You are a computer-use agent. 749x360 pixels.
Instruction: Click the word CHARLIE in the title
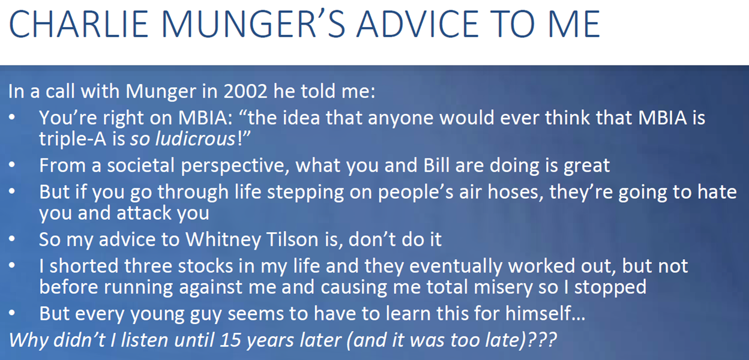79,25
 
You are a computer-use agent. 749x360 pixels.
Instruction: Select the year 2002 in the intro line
245,91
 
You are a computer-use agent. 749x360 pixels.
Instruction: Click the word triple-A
73,139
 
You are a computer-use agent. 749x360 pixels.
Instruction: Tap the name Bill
436,165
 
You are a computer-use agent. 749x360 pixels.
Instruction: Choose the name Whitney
223,239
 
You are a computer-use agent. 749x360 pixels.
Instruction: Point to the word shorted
84,266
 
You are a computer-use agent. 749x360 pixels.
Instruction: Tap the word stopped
610,287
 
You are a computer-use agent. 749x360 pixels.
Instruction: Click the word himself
538,314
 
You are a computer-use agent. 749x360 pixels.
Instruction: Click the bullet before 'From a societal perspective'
12,165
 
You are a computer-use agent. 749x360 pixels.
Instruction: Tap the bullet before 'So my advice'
12,239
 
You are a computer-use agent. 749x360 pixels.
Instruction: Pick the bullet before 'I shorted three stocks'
12,266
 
